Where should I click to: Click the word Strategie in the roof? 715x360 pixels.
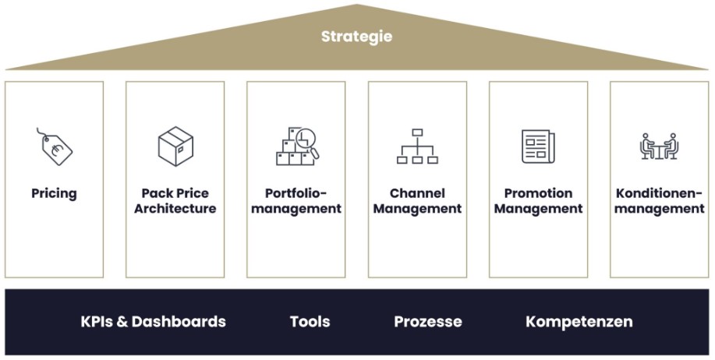pyautogui.click(x=357, y=37)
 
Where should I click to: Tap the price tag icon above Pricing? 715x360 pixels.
pyautogui.click(x=55, y=146)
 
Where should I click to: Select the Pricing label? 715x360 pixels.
pyautogui.click(x=55, y=193)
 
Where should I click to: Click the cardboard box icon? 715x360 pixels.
pyautogui.click(x=175, y=146)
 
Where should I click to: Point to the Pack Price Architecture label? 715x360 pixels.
pyautogui.click(x=175, y=201)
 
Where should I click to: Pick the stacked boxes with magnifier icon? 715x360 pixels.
pyautogui.click(x=296, y=146)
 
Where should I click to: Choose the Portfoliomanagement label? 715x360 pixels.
pyautogui.click(x=296, y=201)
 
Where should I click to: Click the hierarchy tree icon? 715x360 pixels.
pyautogui.click(x=417, y=146)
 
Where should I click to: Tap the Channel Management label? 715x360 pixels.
pyautogui.click(x=417, y=201)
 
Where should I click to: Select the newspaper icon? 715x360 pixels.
pyautogui.click(x=538, y=146)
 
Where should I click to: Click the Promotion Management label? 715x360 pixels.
pyautogui.click(x=538, y=201)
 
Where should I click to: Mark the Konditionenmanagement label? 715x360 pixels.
pyautogui.click(x=660, y=201)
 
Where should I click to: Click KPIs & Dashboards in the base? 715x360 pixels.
pyautogui.click(x=153, y=322)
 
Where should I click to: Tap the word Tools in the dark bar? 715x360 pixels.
pyautogui.click(x=310, y=322)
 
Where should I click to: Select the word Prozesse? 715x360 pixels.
pyautogui.click(x=427, y=322)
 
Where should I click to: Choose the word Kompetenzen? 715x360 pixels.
pyautogui.click(x=579, y=322)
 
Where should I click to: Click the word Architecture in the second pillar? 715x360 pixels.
pyautogui.click(x=175, y=209)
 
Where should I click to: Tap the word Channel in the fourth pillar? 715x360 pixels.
pyautogui.click(x=417, y=193)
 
